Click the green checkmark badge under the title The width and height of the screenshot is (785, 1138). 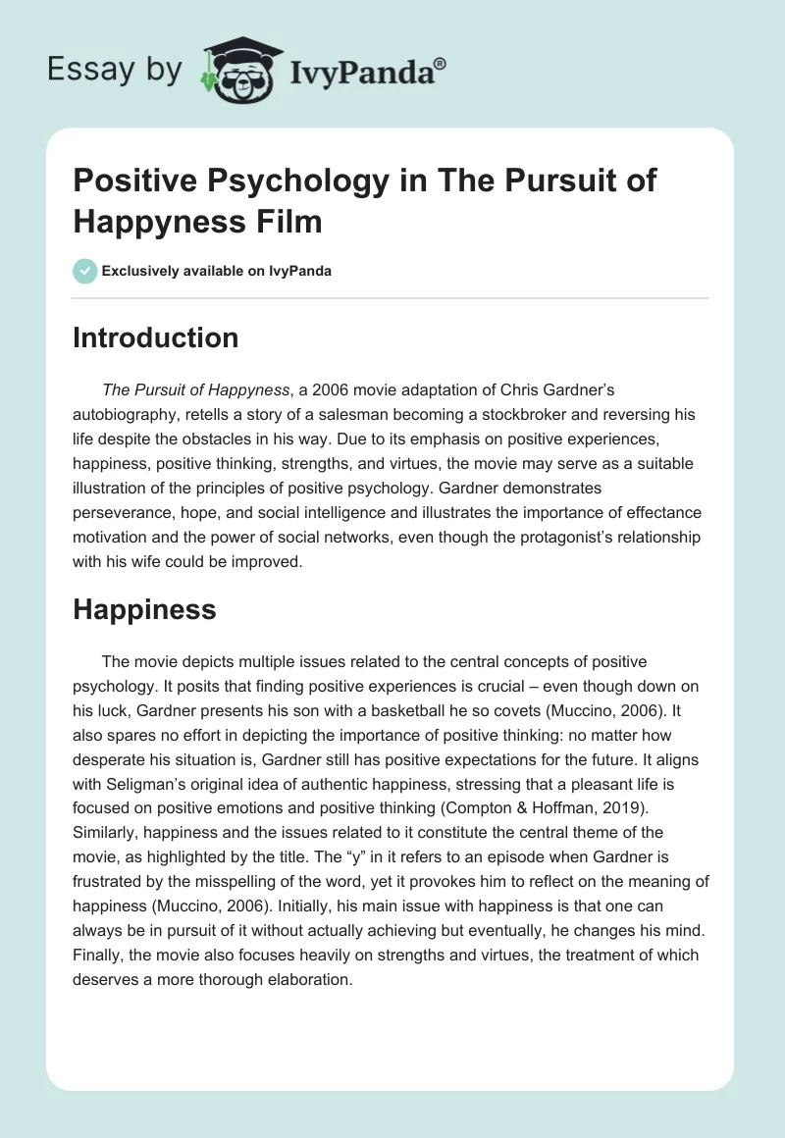[x=84, y=271]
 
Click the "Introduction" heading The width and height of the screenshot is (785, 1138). [x=156, y=337]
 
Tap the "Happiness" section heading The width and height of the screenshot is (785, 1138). [x=144, y=609]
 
